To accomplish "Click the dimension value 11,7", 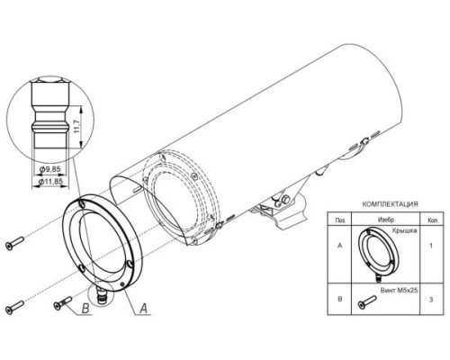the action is (76, 126).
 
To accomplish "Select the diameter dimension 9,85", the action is (50, 169).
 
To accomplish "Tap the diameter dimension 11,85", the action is (50, 181).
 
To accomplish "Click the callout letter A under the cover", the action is (144, 308).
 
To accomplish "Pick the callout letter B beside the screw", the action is (85, 309).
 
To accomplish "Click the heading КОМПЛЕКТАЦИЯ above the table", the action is (390, 204).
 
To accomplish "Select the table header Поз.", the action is (340, 220).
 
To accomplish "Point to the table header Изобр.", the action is (386, 220).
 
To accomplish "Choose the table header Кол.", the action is (431, 220).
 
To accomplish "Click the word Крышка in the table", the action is (405, 230).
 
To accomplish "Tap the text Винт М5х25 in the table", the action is (399, 291).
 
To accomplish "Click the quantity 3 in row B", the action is (431, 300).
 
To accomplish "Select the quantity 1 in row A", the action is (431, 246).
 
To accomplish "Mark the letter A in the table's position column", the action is (340, 246).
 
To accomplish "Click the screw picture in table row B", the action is (367, 301).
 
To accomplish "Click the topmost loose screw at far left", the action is (14, 243).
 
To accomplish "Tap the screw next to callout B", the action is (63, 302).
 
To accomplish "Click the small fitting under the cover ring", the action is (101, 295).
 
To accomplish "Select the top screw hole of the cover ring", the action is (83, 203).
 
